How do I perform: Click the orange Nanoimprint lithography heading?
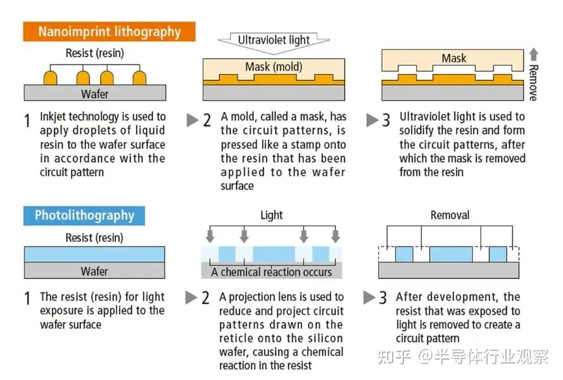110,32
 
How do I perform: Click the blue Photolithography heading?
84,215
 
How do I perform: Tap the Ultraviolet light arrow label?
274,40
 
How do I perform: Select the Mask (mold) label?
274,66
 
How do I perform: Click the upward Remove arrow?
534,54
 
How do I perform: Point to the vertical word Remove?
534,83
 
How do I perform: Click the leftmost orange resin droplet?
50,77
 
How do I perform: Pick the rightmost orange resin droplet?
139,77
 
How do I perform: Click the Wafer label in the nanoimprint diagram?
95,94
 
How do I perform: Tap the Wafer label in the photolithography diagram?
94,271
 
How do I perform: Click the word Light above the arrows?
272,215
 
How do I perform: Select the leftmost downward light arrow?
210,236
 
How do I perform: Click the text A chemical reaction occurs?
272,272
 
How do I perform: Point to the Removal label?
450,215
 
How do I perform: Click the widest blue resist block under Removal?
451,255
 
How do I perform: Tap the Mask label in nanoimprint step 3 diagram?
454,58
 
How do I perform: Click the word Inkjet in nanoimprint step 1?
53,117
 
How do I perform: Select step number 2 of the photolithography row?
205,298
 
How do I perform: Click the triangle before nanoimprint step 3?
372,120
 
